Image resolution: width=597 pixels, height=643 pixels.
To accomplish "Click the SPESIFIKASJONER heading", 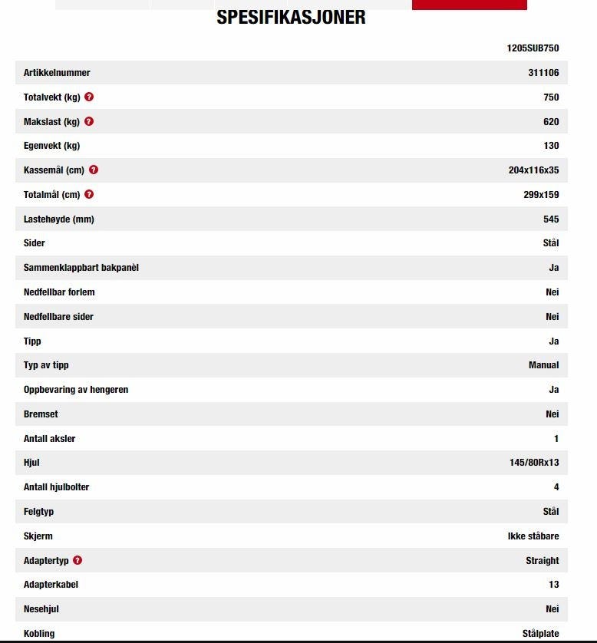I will click(291, 17).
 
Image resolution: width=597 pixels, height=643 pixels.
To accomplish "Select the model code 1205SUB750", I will click(533, 48).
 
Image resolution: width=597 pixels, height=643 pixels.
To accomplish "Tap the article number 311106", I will click(543, 73).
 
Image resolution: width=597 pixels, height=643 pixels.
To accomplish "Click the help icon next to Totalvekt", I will click(90, 97).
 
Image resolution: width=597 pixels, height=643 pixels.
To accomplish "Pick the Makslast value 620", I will click(551, 122).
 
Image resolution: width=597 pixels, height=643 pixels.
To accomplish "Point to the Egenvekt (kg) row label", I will click(51, 146).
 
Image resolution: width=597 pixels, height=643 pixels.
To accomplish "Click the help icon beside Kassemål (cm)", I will click(94, 170).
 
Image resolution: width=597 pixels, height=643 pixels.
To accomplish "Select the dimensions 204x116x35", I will click(533, 170).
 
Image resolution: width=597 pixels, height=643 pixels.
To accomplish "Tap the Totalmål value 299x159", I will click(541, 195).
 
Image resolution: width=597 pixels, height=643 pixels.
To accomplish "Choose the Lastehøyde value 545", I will click(551, 219).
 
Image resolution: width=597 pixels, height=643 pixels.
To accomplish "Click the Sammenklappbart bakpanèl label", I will click(81, 268).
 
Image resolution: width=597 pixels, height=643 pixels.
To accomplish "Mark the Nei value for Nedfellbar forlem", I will click(552, 292).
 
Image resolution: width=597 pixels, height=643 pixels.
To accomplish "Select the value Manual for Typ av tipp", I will click(543, 365).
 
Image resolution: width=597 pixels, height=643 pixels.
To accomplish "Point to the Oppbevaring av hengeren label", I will click(76, 390).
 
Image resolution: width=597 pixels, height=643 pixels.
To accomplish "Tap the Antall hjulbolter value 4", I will click(556, 487).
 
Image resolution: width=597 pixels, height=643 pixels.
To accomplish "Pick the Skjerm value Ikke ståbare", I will click(533, 536).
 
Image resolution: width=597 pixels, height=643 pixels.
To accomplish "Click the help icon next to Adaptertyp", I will click(78, 561).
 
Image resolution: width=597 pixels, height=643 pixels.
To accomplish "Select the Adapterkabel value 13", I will click(553, 585).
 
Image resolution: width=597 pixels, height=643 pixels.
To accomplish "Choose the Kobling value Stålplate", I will click(540, 634).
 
